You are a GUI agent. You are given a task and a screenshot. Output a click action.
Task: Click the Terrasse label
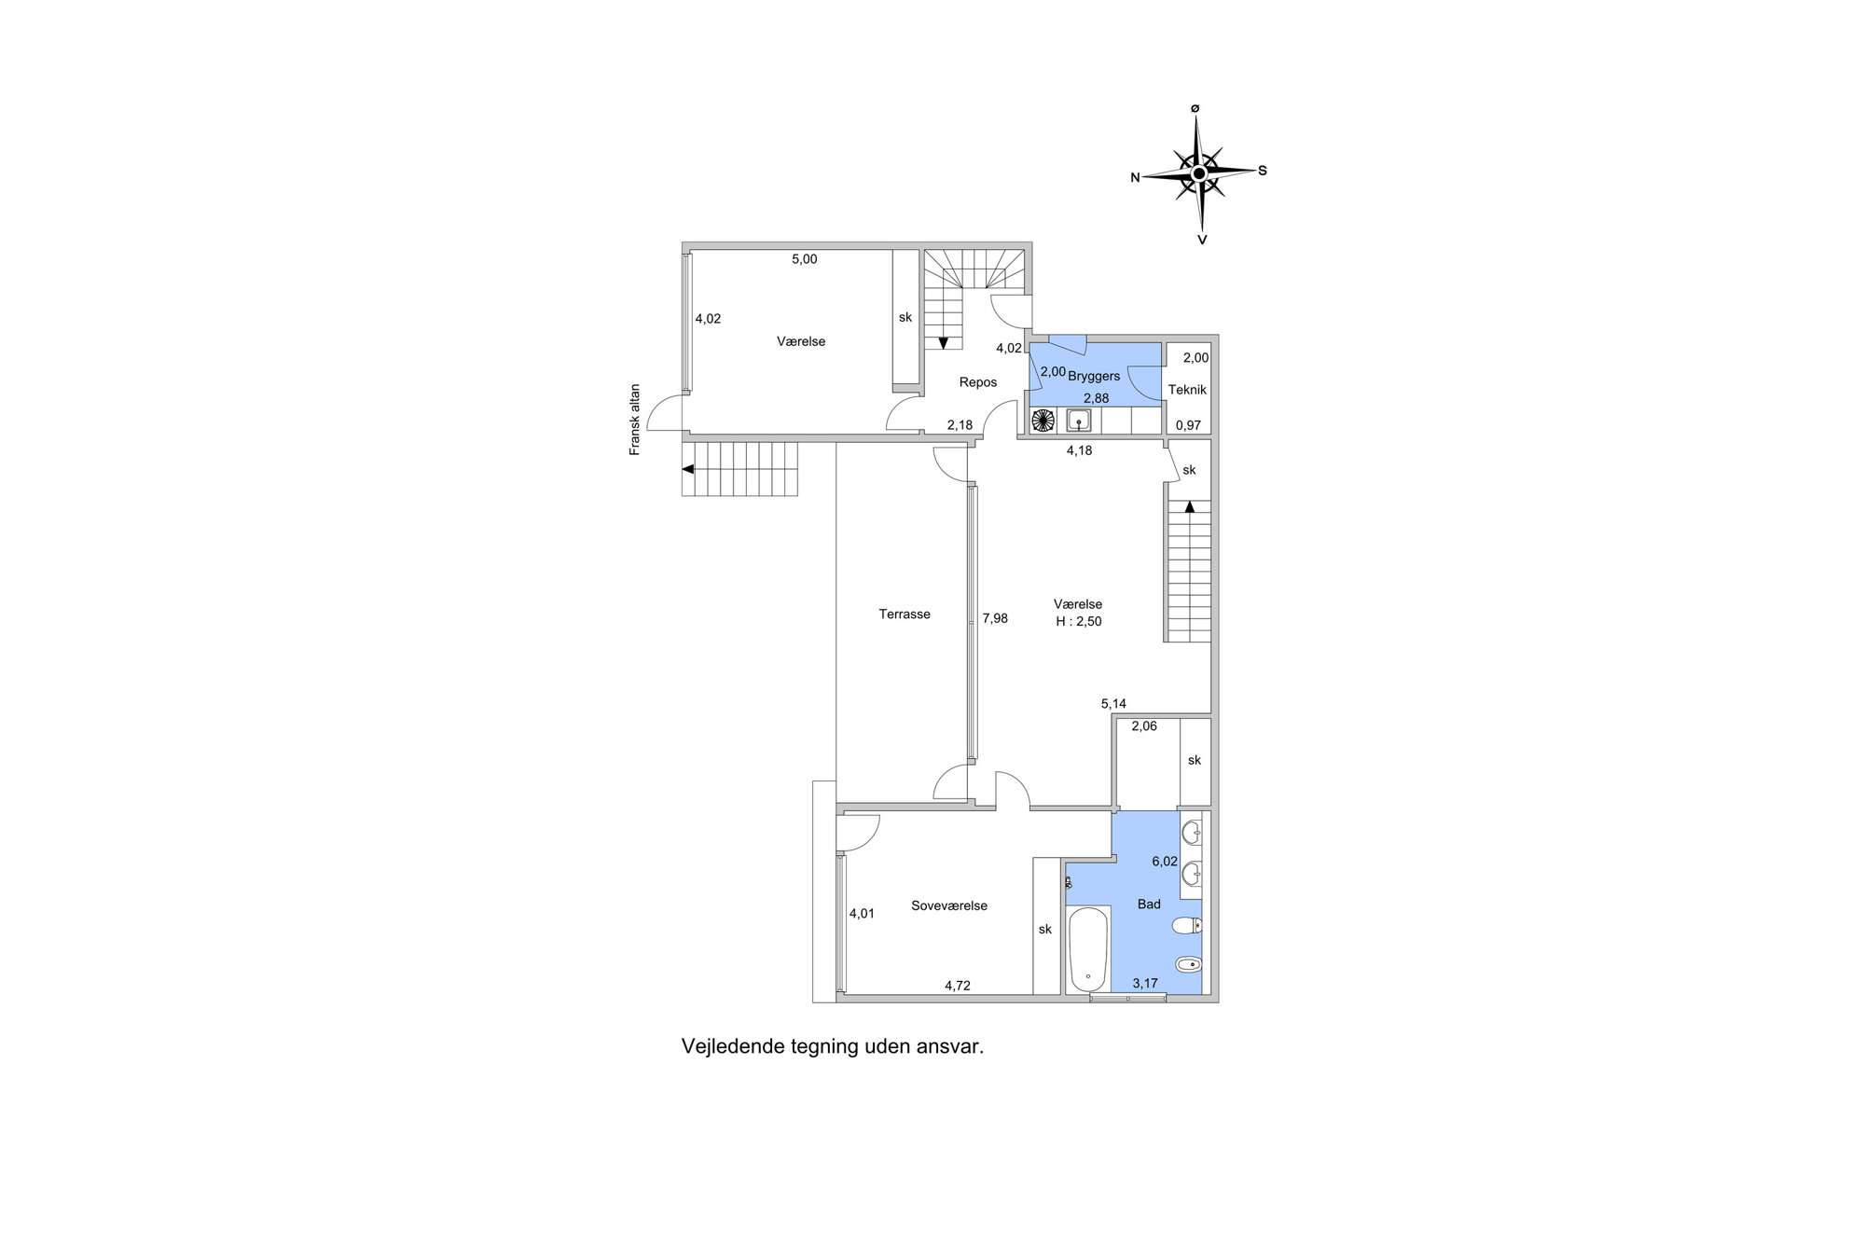point(905,615)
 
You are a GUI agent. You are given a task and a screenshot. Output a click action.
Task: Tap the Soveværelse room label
point(949,905)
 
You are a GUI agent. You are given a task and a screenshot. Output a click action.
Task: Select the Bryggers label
point(1094,377)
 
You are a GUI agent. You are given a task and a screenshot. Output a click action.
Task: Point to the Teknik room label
point(1189,390)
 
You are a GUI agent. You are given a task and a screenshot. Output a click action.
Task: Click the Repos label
point(978,382)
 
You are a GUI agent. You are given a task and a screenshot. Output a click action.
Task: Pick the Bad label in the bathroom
point(1149,905)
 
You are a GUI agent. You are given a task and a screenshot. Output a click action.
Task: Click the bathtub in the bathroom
point(1088,949)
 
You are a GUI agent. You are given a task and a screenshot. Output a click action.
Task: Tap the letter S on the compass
point(1263,171)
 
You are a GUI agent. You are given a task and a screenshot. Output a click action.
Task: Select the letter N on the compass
point(1135,177)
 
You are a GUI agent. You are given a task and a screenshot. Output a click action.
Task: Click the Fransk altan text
point(635,420)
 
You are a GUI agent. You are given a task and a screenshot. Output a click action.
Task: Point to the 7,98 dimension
point(995,618)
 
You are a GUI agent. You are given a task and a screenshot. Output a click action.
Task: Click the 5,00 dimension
point(804,259)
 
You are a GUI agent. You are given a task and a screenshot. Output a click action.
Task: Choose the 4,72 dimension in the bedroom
point(958,986)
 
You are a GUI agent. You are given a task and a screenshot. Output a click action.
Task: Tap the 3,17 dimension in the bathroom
point(1145,983)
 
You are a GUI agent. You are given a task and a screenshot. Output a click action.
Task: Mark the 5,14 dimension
point(1113,704)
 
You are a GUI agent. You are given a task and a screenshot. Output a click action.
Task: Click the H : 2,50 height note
point(1079,621)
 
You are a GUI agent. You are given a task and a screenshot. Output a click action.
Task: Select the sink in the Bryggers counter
point(1080,421)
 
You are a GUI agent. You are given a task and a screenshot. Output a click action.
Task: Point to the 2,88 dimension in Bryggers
point(1096,398)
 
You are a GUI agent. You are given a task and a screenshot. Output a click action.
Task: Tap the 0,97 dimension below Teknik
point(1188,425)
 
